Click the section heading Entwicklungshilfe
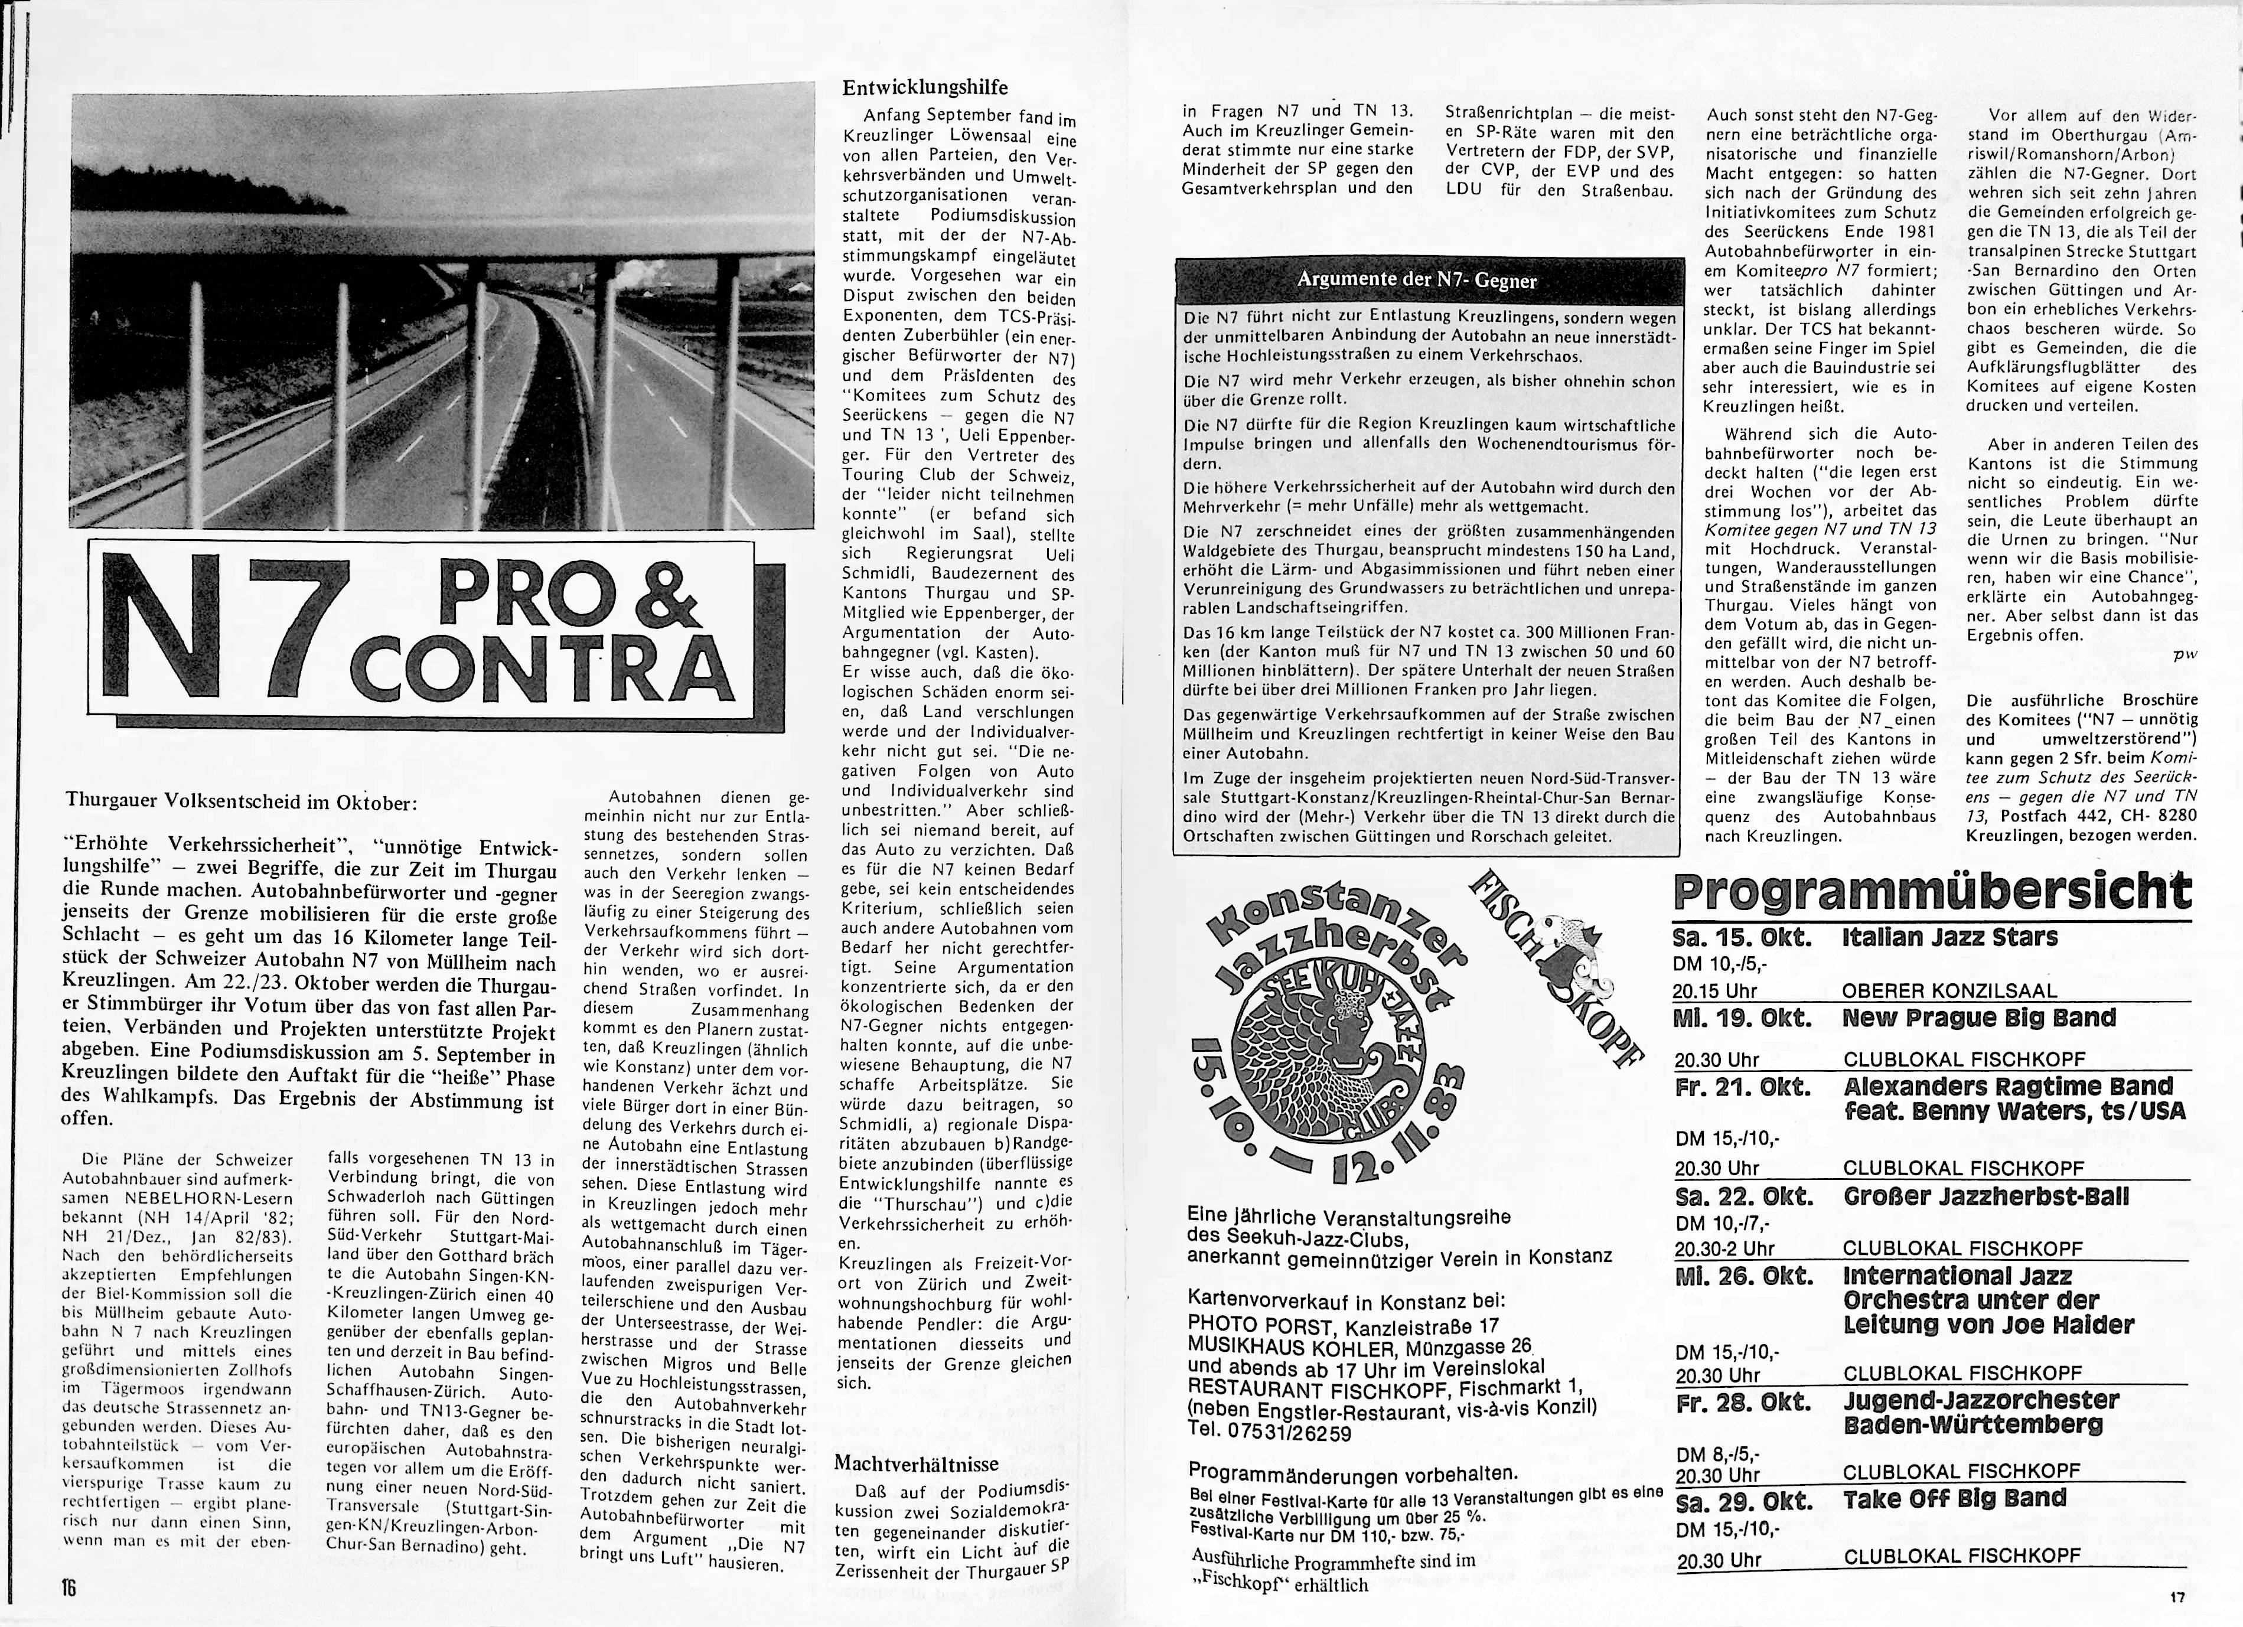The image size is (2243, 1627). (925, 88)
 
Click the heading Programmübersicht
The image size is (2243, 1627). (1931, 893)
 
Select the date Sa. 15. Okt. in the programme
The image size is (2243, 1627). (1742, 938)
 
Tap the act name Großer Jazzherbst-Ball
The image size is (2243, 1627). (1986, 1196)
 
